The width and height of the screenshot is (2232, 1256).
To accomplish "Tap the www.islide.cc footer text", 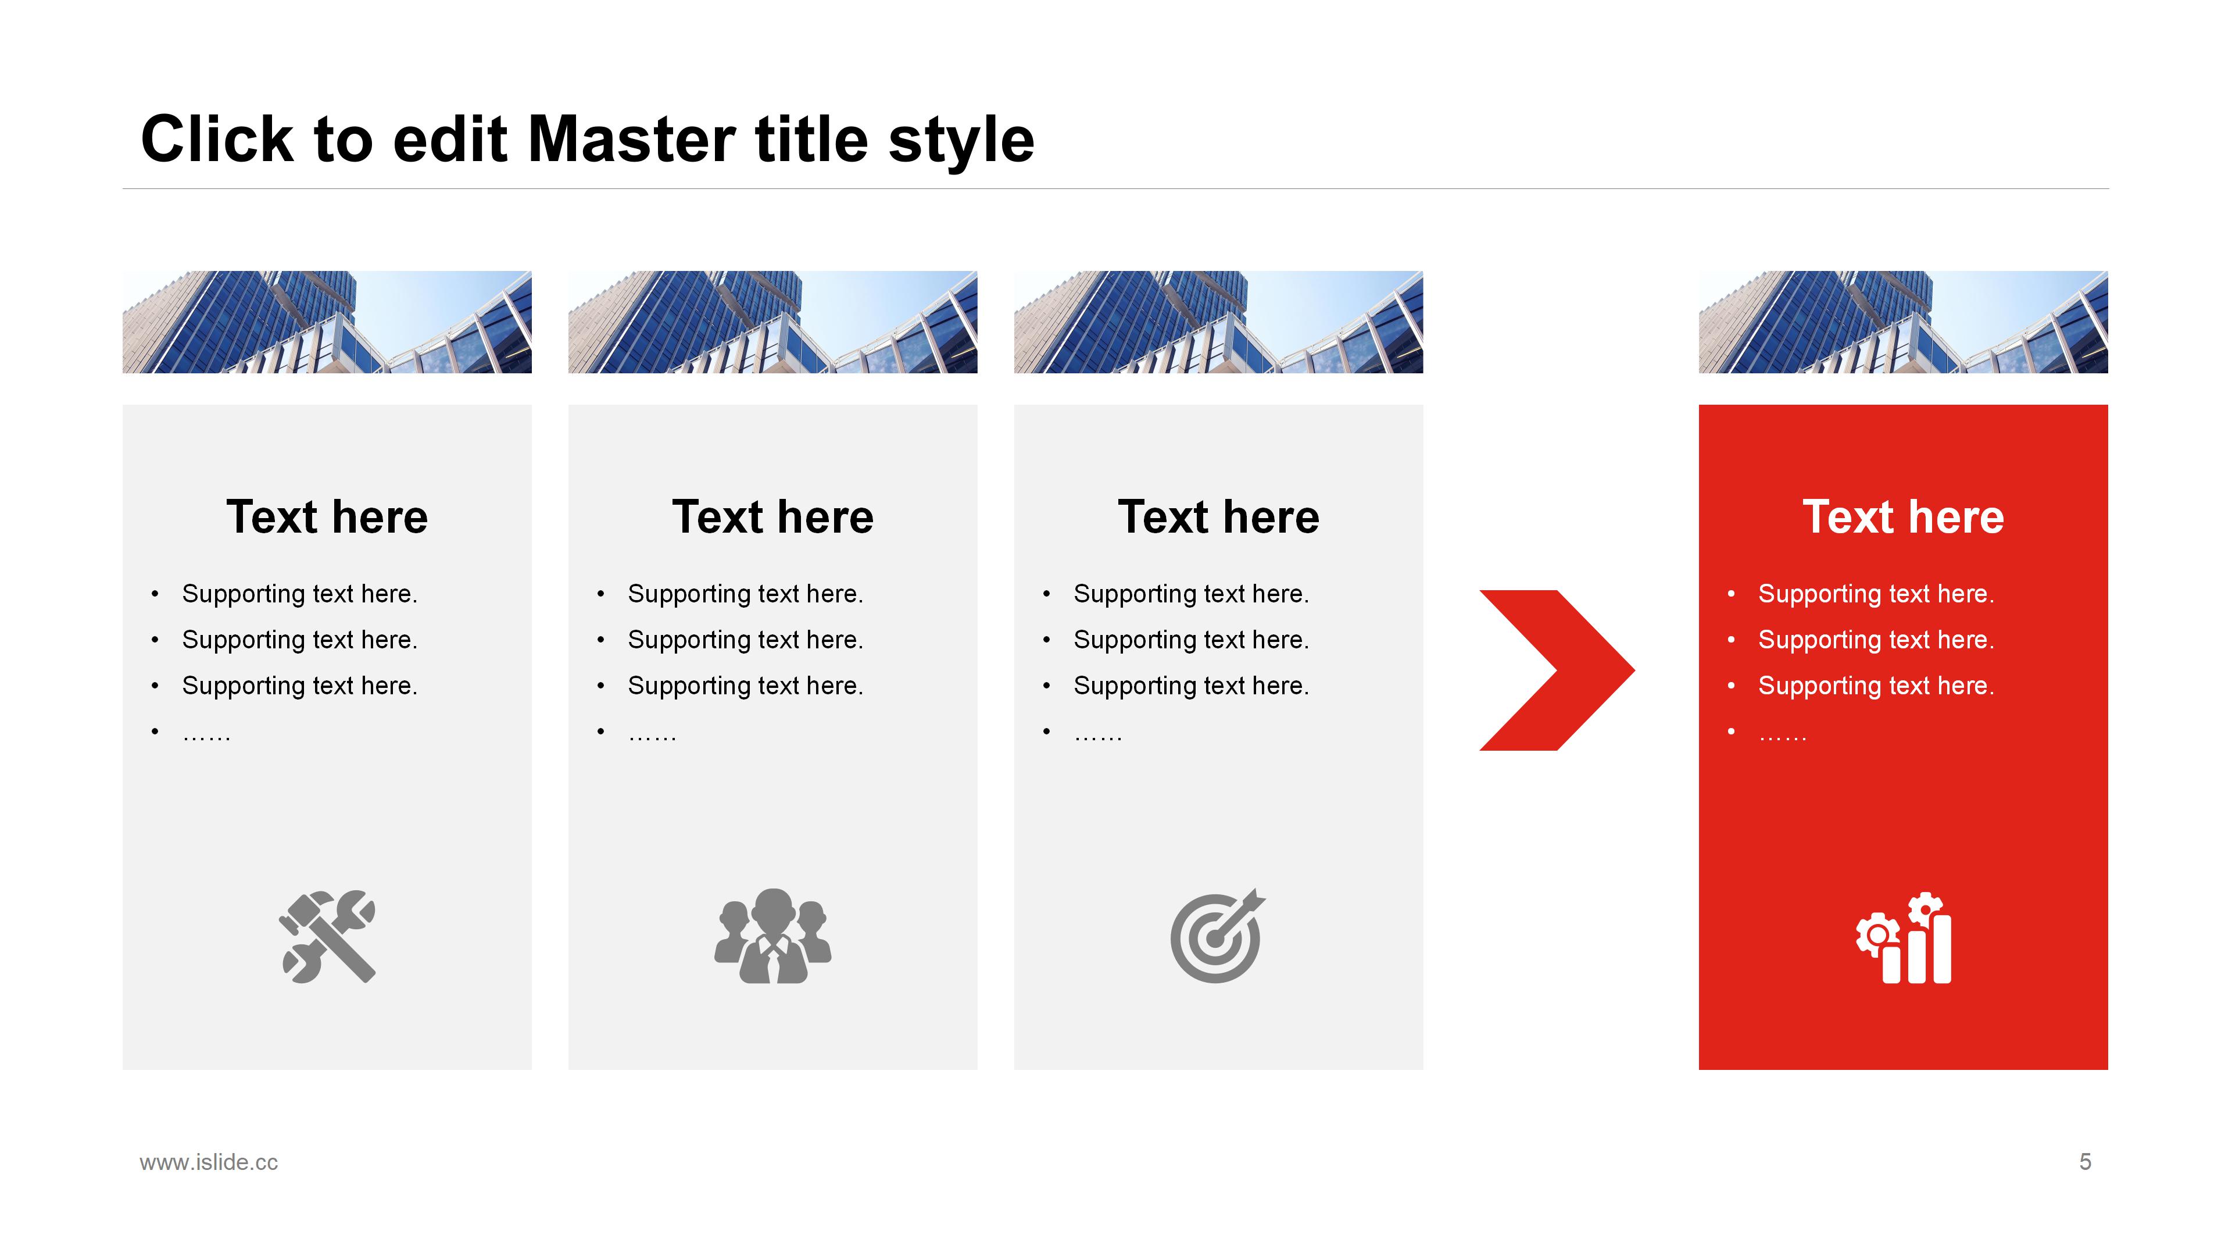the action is pos(209,1162).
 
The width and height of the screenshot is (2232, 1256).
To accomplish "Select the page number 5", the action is pos(2085,1162).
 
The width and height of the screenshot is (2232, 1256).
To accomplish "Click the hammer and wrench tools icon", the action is pos(327,936).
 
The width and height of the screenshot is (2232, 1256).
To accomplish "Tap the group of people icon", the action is pos(773,936).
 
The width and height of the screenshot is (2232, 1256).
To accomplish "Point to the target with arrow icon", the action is pos(1217,936).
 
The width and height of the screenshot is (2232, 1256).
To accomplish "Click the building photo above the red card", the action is pos(1903,322).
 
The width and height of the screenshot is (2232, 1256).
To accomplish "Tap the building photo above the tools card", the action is pos(327,322).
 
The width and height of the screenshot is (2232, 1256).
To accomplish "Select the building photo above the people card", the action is pos(773,322).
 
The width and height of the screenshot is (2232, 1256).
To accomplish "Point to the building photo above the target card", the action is pos(1218,322).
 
